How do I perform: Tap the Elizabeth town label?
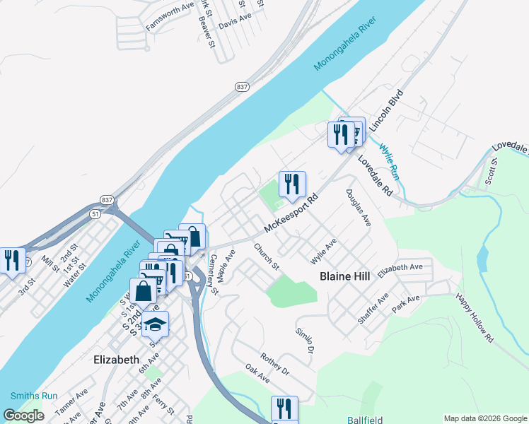pos(117,359)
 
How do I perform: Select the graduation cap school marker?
pos(155,324)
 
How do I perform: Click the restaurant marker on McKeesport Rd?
pos(292,185)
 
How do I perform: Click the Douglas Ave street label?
pos(359,207)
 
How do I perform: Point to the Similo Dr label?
pos(305,341)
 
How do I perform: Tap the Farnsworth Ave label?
pos(170,16)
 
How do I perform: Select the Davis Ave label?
pos(236,23)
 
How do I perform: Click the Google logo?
pos(24,416)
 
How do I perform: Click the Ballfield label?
pos(366,420)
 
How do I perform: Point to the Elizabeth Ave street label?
pos(400,269)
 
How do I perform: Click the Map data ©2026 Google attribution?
pos(485,418)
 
